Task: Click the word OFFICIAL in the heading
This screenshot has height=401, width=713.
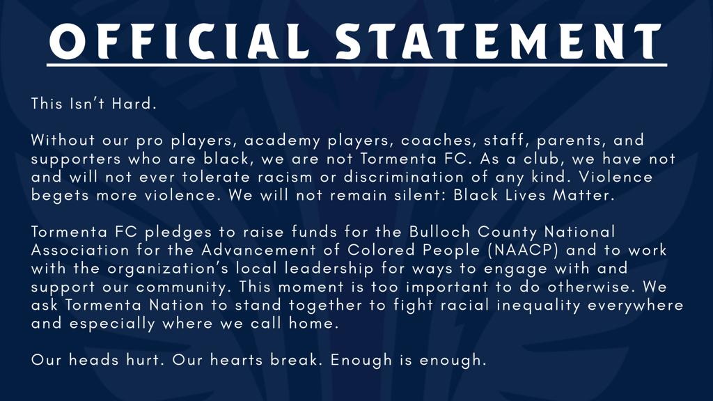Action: [x=179, y=41]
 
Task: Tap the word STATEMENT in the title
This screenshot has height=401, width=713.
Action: [x=498, y=41]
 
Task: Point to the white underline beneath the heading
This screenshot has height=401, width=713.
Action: [x=356, y=65]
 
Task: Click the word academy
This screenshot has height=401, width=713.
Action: [x=282, y=141]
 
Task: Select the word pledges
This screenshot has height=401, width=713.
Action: [x=178, y=233]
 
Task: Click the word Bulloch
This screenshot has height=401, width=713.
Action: [x=439, y=232]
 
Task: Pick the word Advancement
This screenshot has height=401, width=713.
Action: [x=258, y=250]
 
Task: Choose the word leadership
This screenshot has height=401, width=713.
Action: [x=329, y=269]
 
